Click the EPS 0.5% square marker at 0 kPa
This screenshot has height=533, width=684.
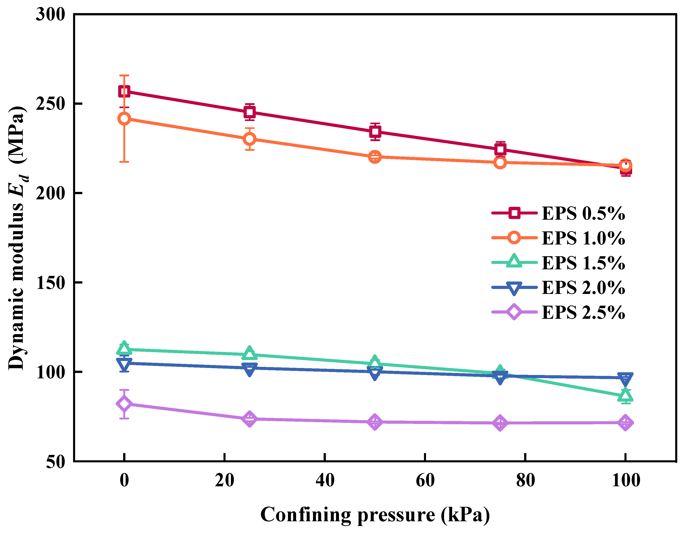click(x=124, y=92)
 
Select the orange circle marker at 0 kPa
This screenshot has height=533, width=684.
click(x=124, y=119)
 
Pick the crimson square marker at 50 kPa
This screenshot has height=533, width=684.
click(x=375, y=131)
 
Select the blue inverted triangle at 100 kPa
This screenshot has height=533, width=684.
click(x=625, y=378)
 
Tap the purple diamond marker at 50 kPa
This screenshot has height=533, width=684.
click(x=375, y=422)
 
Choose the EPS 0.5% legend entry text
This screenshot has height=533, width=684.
click(x=583, y=214)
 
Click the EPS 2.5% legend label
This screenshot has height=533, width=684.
click(x=583, y=313)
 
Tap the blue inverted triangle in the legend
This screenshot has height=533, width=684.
click(x=514, y=288)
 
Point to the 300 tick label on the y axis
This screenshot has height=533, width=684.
click(x=50, y=14)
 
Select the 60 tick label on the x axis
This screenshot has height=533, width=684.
click(x=425, y=480)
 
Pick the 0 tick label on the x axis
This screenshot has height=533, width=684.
click(x=124, y=480)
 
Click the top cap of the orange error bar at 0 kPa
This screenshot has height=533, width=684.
click(x=124, y=76)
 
